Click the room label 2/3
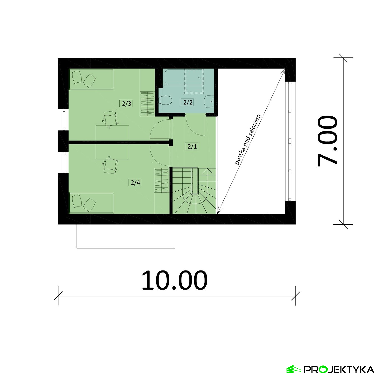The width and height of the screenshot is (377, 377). coord(127,103)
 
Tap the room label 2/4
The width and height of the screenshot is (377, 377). coord(135,182)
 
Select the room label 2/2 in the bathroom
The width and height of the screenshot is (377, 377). coord(188,102)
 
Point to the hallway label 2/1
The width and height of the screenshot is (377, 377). coord(192,146)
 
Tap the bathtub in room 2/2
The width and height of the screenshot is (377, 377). coord(183,78)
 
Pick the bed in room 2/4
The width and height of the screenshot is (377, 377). coord(91,203)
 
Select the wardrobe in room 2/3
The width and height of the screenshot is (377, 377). coord(147,104)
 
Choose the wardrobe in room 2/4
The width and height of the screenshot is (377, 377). coord(161,181)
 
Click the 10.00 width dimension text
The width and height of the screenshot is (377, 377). coord(174,280)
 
